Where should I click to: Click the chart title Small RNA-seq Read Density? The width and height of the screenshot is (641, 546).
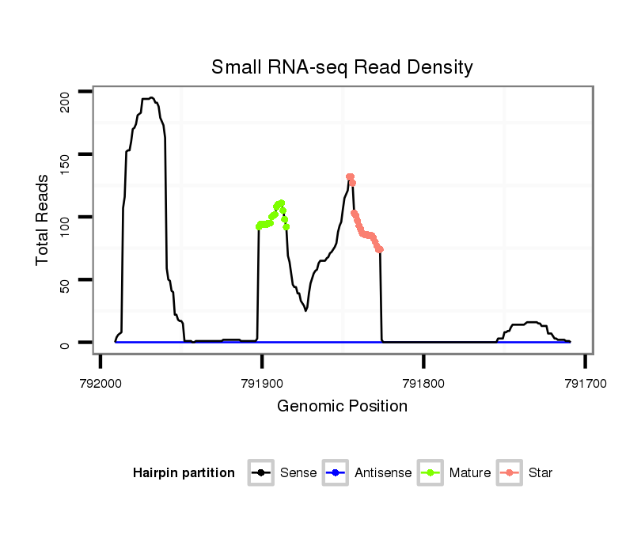tap(342, 67)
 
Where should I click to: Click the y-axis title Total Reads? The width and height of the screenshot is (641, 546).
tap(44, 219)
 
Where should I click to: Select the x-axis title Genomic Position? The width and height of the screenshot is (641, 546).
tap(342, 407)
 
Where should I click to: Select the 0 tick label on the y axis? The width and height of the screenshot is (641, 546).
tap(66, 343)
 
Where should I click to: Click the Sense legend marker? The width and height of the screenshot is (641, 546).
tap(261, 473)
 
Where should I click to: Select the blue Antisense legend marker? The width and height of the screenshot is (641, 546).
tap(336, 473)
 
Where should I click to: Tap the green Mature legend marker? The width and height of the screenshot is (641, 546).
tap(430, 473)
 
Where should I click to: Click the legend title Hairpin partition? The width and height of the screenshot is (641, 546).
tap(184, 473)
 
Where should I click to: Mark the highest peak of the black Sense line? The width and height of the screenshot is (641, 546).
tap(151, 97)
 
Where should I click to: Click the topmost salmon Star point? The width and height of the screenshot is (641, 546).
tap(349, 176)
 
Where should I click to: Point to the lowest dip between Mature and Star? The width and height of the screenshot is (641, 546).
tap(305, 310)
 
